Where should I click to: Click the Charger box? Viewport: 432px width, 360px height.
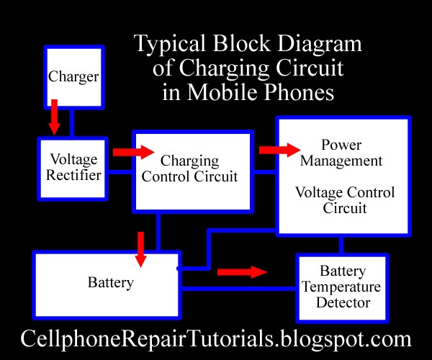point(74,77)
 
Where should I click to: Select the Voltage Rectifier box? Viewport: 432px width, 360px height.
point(73,168)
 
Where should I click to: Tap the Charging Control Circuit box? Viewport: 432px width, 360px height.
point(193,171)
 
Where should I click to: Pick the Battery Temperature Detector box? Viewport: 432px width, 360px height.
point(342,288)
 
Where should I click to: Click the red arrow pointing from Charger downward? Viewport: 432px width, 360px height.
point(54,117)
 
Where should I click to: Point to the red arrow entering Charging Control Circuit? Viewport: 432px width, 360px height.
point(134,152)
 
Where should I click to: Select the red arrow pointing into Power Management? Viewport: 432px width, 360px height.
point(279,150)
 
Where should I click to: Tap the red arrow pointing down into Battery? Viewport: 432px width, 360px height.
point(141,249)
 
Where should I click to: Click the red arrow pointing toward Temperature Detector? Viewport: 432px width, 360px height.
point(242,272)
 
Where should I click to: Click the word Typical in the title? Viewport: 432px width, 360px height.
point(170,44)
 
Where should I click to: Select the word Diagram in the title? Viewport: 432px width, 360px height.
point(319,44)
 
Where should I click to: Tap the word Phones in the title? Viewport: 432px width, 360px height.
point(299,92)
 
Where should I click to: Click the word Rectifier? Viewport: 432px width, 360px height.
point(73,175)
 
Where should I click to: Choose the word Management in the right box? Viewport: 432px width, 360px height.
point(341,161)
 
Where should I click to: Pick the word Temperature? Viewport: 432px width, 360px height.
point(341,287)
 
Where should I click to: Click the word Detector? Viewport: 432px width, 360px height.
point(343,302)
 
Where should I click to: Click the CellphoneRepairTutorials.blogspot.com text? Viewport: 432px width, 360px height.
point(216,339)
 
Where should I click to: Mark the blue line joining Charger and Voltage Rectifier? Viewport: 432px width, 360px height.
point(72,123)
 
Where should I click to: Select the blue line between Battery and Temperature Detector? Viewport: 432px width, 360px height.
point(238,289)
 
